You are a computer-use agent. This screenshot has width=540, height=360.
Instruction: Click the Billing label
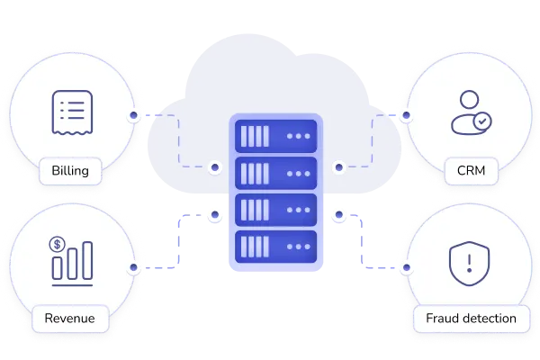(70, 171)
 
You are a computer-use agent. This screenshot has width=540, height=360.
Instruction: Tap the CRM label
(471, 171)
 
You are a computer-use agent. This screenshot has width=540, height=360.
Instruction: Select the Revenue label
(70, 319)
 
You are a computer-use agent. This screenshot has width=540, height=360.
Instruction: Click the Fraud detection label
(471, 319)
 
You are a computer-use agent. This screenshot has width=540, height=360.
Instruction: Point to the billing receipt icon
(72, 112)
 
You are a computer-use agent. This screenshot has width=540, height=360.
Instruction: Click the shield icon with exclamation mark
(469, 264)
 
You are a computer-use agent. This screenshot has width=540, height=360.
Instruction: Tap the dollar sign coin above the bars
(58, 245)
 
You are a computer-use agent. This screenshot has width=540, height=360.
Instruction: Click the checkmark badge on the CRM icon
(482, 121)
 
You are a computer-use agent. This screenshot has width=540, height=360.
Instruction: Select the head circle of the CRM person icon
(469, 100)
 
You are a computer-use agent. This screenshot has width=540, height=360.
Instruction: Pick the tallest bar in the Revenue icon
(88, 260)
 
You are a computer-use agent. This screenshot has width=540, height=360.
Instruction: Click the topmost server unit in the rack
(275, 136)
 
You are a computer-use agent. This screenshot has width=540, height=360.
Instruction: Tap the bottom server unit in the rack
(275, 247)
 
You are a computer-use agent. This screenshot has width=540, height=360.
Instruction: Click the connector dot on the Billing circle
(133, 115)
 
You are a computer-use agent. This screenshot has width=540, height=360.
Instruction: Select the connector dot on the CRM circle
(407, 115)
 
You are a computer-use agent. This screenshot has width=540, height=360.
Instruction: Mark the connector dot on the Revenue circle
(133, 267)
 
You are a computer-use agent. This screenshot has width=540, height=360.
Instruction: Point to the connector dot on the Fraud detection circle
(407, 267)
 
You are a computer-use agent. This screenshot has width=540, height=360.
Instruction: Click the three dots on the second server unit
(299, 174)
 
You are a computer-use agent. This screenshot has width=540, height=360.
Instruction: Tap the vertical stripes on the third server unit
(255, 210)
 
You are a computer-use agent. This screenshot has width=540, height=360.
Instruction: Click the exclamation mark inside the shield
(469, 263)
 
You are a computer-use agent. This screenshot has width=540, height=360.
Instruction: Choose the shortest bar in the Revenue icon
(58, 268)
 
